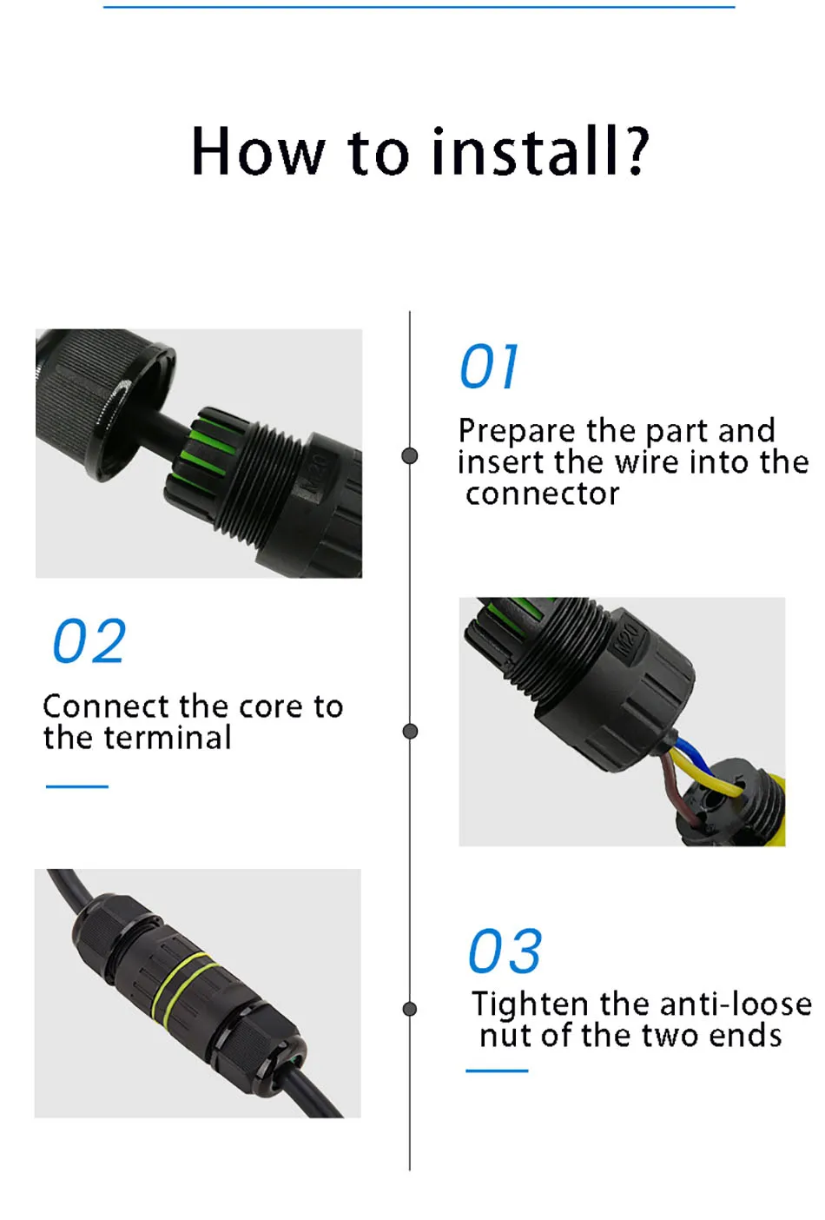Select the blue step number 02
pos(89,641)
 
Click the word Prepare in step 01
pos(517,432)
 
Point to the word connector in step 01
pos(542,494)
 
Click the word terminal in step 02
pos(167,739)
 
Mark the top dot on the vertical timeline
pos(410,456)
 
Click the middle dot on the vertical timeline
pos(410,732)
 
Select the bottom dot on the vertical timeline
pos(410,1009)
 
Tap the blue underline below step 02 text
pos(76,786)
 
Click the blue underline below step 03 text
pos(497,1071)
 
